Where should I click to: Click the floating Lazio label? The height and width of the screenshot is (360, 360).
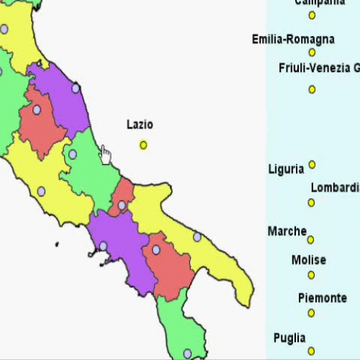140,125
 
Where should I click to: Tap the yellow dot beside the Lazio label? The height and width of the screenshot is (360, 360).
143,145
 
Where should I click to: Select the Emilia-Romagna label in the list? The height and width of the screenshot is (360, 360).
293,39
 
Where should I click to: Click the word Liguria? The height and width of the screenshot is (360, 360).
286,169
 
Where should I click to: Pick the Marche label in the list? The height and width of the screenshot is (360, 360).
287,231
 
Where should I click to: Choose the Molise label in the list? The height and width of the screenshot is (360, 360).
309,260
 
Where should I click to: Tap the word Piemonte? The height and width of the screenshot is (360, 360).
322,297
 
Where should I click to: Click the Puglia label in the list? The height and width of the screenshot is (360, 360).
289,338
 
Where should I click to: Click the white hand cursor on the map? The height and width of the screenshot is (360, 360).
105,154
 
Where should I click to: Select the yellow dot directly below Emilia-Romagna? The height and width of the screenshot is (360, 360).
312,53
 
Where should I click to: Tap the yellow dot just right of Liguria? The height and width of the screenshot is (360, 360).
312,165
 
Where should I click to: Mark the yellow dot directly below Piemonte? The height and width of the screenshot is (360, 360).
312,312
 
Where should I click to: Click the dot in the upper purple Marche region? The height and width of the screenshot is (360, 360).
76,89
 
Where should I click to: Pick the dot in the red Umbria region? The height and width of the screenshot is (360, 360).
37,110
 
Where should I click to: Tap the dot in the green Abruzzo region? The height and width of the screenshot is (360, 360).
72,154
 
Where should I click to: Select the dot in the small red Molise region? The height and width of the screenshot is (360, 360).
122,205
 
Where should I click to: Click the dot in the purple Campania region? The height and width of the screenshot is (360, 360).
103,246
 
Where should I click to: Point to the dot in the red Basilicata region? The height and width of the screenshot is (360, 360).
156,250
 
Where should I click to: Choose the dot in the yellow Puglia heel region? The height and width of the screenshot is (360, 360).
197,237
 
